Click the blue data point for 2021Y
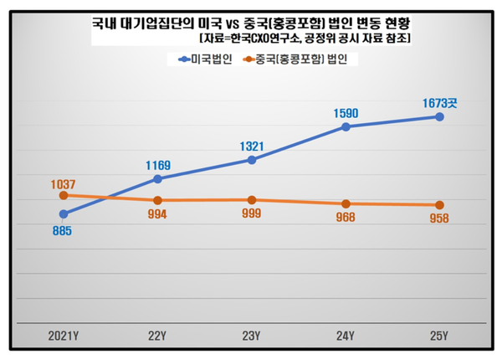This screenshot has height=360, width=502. coord(64,214)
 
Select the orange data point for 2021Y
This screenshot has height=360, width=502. coord(64,195)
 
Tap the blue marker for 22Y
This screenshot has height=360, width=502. coord(157,178)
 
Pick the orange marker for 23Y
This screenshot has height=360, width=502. coord(252,200)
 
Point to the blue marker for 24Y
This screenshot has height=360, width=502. coord(346,127)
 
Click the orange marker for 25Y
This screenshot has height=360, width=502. coord(440,205)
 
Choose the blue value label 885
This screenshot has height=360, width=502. coord(64,232)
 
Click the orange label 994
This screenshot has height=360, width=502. coord(157,214)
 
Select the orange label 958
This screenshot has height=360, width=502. coord(439,219)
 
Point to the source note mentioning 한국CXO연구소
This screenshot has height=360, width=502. coord(307,39)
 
